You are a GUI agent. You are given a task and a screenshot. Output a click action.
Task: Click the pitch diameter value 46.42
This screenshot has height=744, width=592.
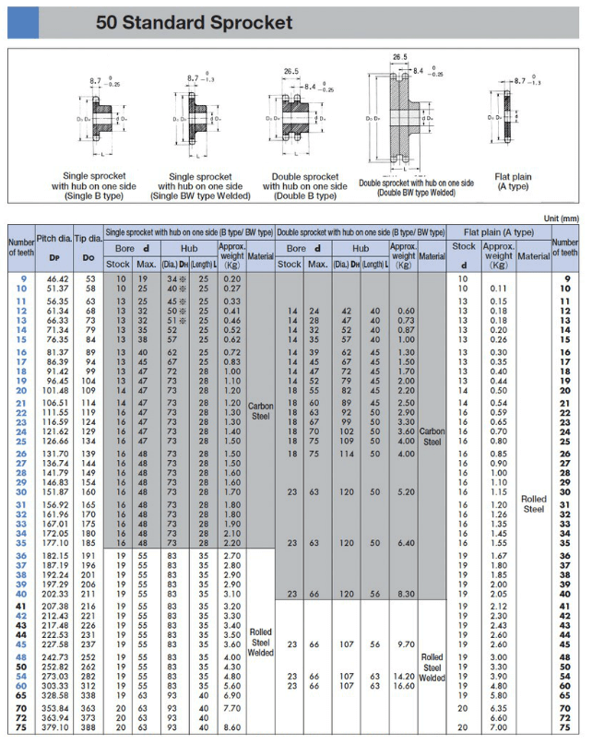(58, 278)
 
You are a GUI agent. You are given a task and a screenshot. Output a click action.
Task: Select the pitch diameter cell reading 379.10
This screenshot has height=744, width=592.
(58, 727)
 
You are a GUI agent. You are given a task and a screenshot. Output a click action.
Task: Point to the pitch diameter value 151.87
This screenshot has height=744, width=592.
(58, 492)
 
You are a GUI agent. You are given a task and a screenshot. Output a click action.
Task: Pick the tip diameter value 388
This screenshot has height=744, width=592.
(89, 727)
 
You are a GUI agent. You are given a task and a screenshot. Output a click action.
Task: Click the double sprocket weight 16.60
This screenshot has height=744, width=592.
(404, 686)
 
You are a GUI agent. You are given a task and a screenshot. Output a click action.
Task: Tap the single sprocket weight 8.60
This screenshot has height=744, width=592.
(232, 727)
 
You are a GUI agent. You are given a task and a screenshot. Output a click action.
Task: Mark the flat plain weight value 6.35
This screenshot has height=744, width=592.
(498, 707)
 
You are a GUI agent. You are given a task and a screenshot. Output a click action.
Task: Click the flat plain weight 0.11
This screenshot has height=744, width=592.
(498, 289)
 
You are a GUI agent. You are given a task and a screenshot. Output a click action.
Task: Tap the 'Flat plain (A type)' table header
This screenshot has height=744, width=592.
(498, 231)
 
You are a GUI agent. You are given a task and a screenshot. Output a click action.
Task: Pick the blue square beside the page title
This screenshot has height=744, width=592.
(20, 22)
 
